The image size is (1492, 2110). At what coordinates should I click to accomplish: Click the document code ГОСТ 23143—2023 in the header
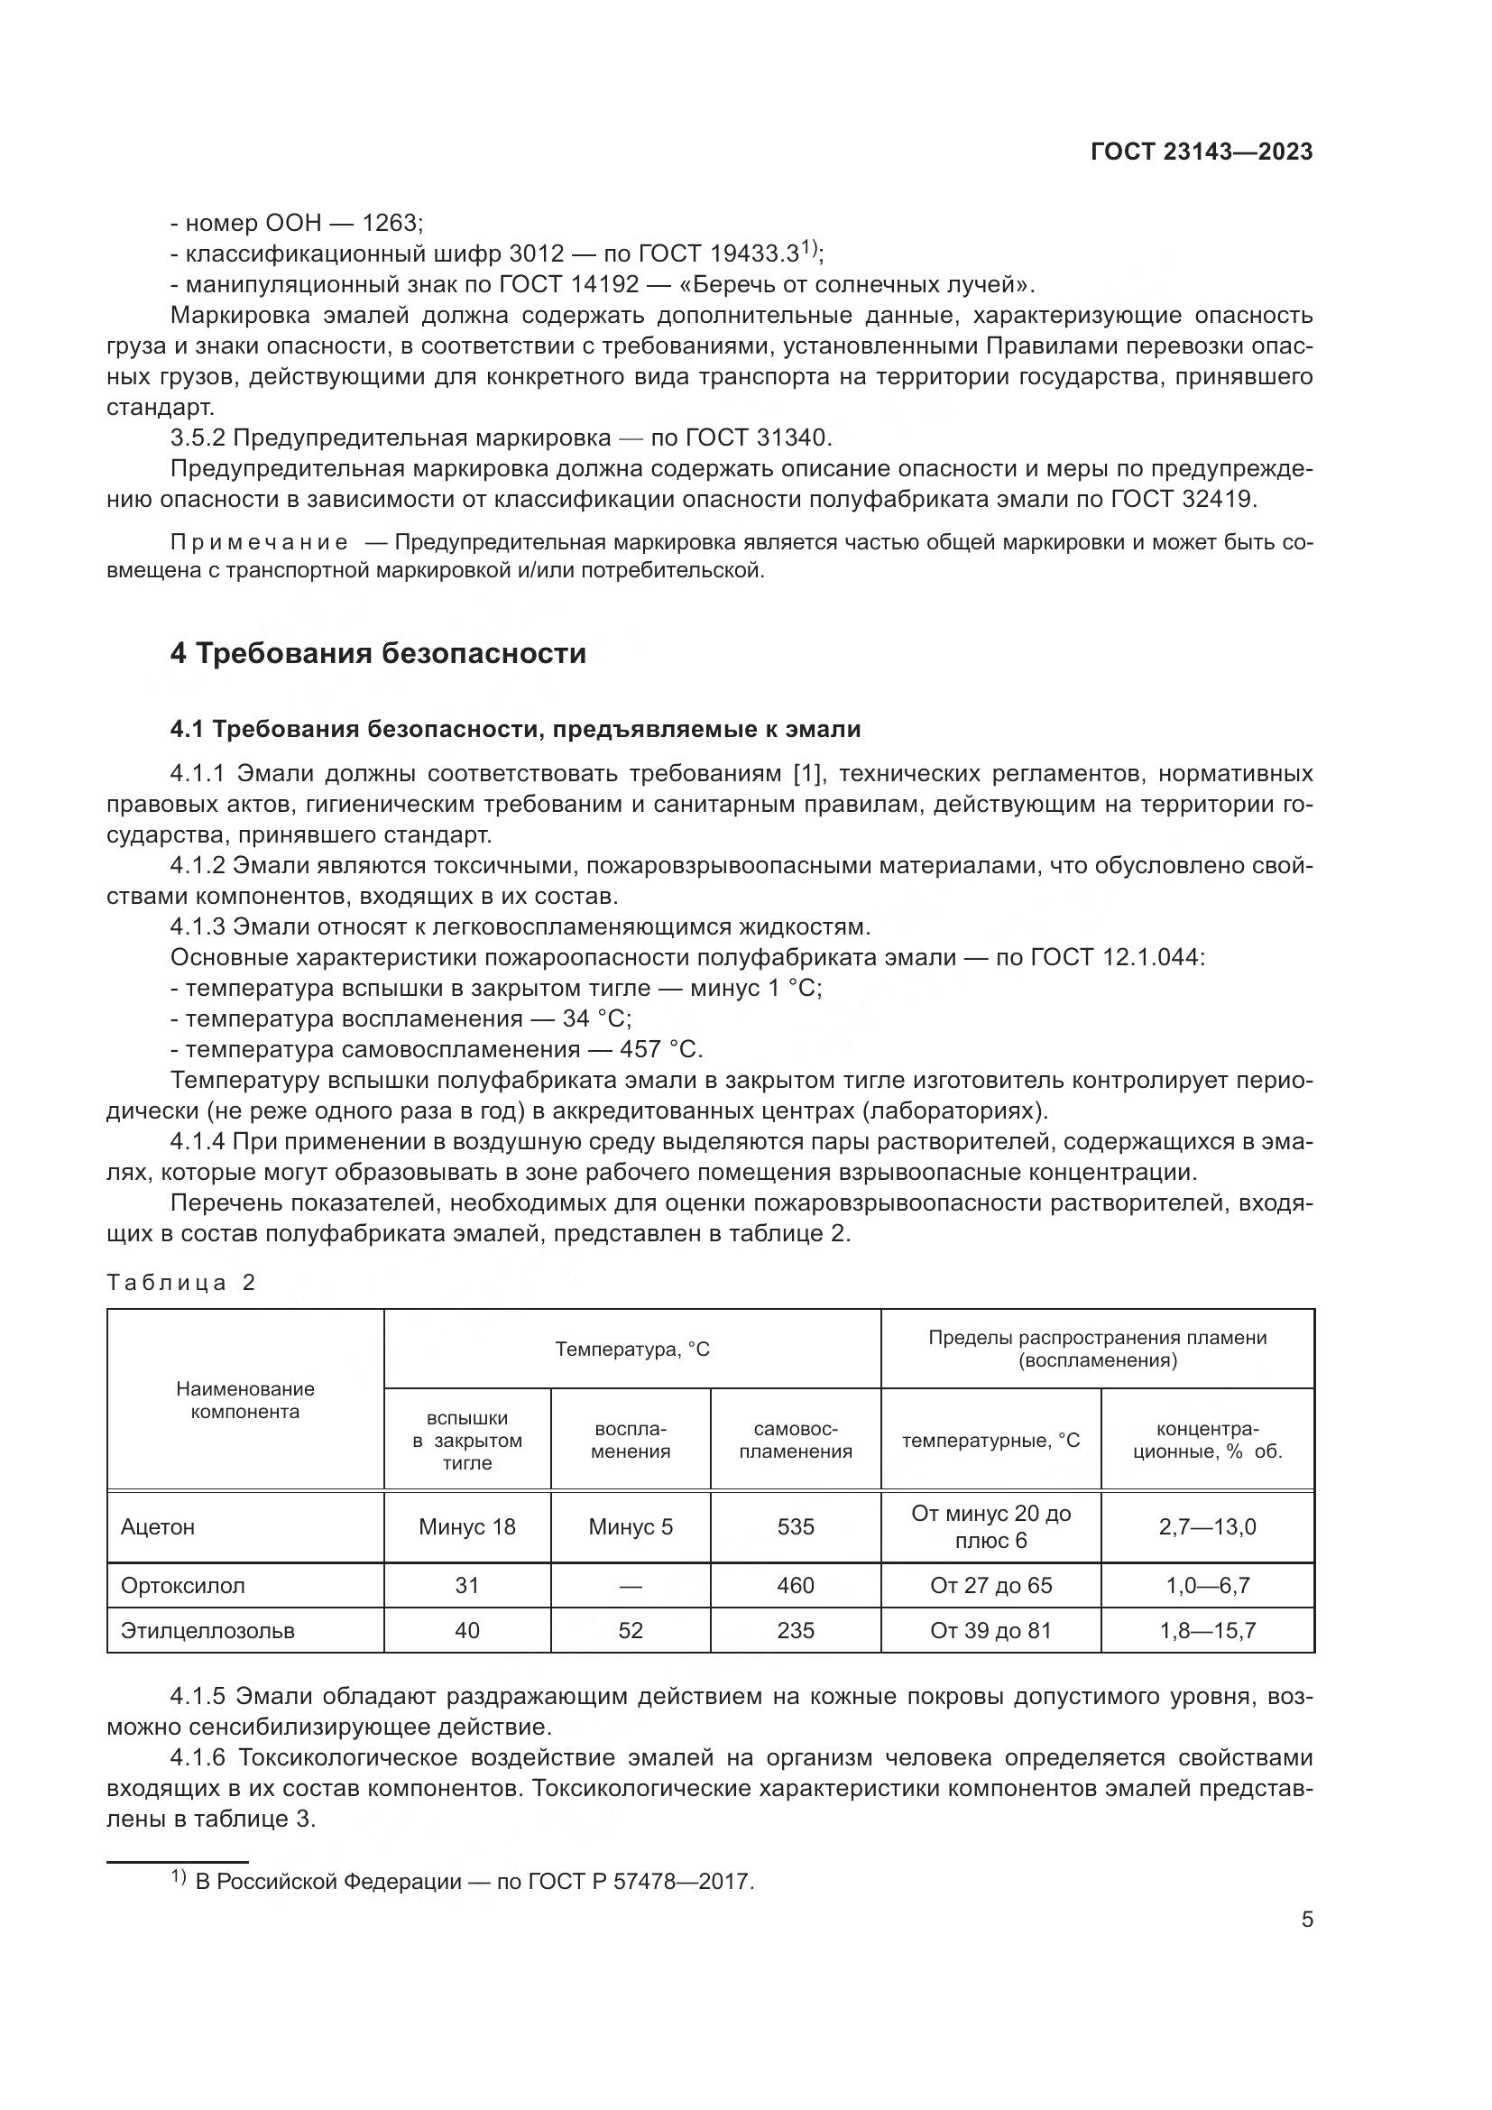(1201, 152)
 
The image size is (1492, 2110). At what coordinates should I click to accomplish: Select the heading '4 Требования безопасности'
(378, 653)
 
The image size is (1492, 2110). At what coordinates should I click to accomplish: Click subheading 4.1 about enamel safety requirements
(514, 730)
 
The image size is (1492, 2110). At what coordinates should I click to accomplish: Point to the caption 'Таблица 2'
(181, 1282)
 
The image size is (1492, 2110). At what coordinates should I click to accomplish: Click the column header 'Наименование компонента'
(245, 1400)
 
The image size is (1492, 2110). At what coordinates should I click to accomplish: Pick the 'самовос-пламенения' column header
(795, 1440)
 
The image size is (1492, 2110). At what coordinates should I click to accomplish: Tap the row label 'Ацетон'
(158, 1526)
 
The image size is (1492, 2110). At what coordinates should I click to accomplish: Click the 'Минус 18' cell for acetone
(466, 1526)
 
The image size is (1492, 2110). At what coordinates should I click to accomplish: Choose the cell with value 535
(795, 1526)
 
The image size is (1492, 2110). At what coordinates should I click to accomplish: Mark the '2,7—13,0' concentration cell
(1207, 1526)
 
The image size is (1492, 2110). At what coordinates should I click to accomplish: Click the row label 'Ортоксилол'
(183, 1585)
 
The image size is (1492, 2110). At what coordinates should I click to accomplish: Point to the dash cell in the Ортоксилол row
(631, 1585)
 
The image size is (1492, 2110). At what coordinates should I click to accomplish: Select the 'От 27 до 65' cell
(990, 1585)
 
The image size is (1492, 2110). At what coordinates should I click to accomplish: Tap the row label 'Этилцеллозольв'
(207, 1630)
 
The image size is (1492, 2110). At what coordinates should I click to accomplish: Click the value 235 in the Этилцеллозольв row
(795, 1630)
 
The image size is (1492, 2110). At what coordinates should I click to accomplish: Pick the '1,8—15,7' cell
(1207, 1630)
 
